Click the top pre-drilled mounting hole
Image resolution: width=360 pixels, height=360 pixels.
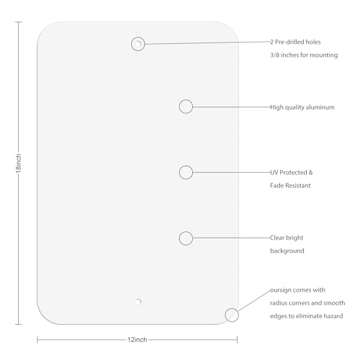coord(138,44)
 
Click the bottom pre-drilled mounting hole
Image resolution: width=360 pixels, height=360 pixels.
coord(138,302)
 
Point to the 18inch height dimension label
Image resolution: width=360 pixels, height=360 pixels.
coord(19,163)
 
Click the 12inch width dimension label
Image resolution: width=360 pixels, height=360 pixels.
coord(138,340)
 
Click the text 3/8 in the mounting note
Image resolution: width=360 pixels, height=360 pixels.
coord(274,55)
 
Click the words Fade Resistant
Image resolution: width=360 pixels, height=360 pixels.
coord(290,186)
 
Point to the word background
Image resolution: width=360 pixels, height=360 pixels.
coord(287,251)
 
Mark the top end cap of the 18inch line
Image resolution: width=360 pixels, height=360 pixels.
coord(19,22)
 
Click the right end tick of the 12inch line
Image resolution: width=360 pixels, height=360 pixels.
coord(237,340)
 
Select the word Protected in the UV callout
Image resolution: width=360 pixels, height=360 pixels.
coord(293,173)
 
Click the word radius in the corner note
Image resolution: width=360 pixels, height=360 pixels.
coord(277,303)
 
